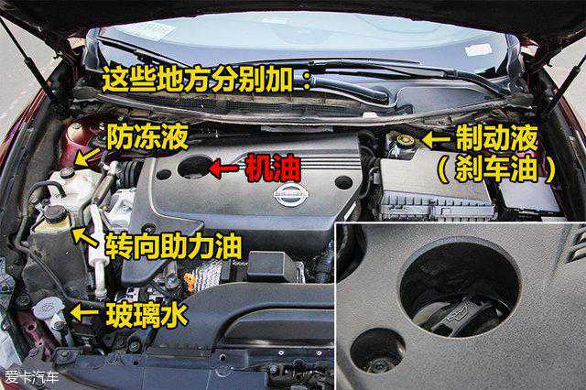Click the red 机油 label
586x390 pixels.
(x=273, y=168)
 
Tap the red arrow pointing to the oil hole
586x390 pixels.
(x=224, y=168)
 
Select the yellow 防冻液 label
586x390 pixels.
(x=147, y=137)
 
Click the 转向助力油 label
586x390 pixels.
(x=173, y=246)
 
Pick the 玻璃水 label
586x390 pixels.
(x=146, y=315)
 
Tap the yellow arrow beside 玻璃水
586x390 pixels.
(x=84, y=313)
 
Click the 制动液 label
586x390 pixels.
(x=496, y=138)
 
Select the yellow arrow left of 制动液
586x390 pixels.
(x=436, y=140)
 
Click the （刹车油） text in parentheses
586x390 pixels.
(x=496, y=170)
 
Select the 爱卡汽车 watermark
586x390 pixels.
(x=32, y=377)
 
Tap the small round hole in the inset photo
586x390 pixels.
(x=378, y=351)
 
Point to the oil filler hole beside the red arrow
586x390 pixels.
(x=194, y=168)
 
